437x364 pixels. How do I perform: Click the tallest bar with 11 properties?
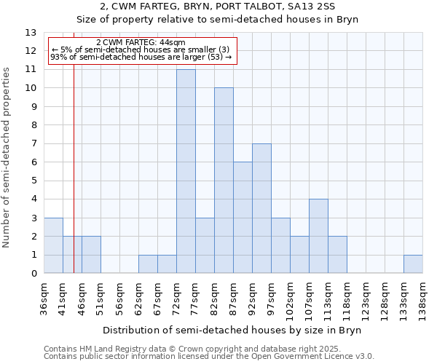(x=186, y=171)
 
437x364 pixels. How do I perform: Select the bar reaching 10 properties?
(x=224, y=181)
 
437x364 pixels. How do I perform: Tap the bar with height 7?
(x=261, y=208)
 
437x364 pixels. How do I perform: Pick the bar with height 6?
(x=243, y=218)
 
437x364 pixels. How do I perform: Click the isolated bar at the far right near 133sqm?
(x=413, y=264)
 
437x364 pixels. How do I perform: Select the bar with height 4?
(x=318, y=236)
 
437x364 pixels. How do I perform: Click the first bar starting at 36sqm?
(x=53, y=245)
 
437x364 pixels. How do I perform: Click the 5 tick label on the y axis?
(x=34, y=181)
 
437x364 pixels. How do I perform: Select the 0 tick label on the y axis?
(x=34, y=274)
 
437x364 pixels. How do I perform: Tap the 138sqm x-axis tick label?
(x=423, y=296)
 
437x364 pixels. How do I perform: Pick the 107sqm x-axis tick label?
(x=310, y=296)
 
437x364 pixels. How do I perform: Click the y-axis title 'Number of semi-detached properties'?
(x=7, y=157)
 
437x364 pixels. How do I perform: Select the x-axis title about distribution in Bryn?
(x=232, y=330)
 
